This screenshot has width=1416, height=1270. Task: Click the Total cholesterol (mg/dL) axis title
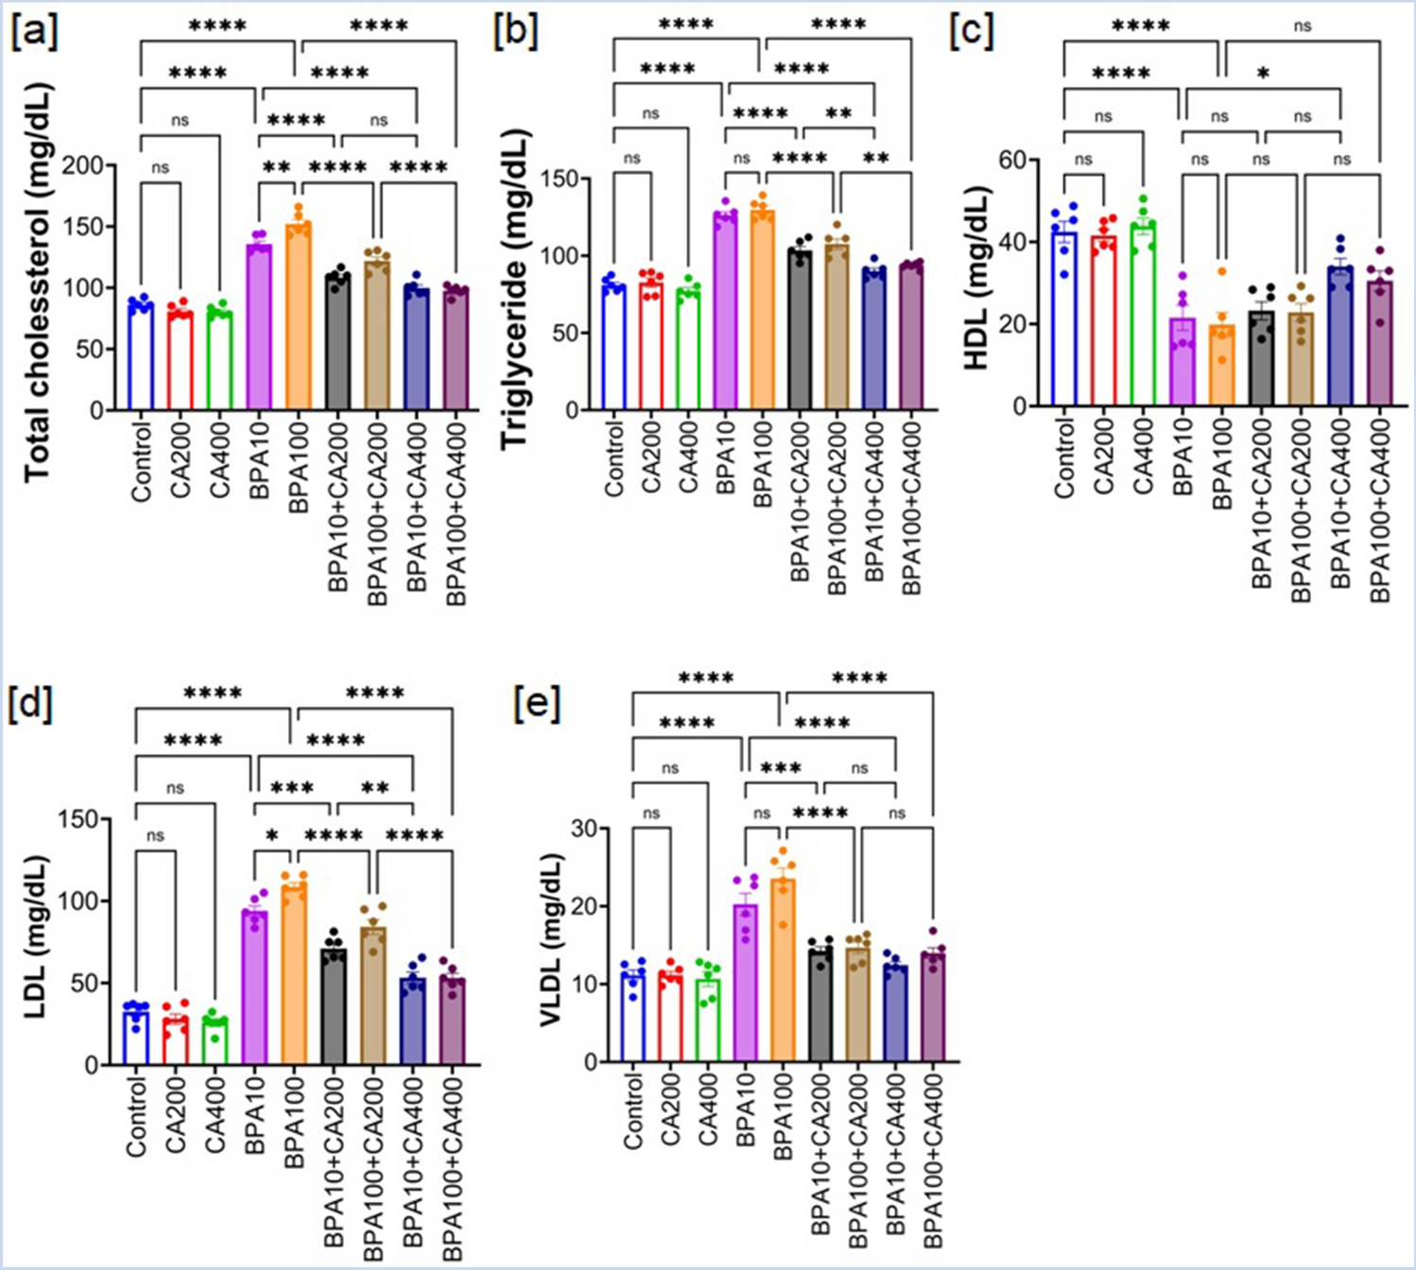click(38, 283)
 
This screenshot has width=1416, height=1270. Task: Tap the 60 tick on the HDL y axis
click(1013, 160)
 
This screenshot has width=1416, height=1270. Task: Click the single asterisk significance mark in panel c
click(1263, 74)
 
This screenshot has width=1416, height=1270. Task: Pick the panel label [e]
click(537, 704)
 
